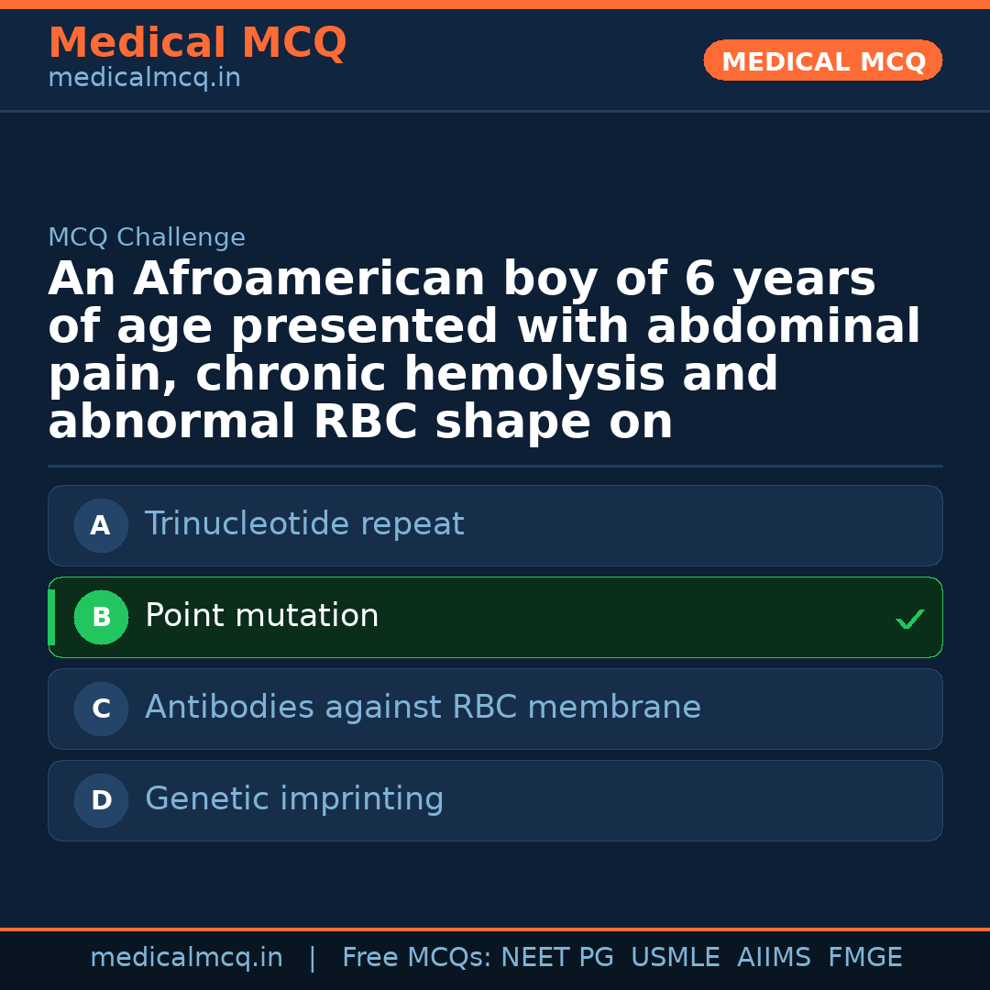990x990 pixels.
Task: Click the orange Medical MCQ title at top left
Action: (x=197, y=43)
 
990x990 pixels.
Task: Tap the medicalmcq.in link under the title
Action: (x=144, y=79)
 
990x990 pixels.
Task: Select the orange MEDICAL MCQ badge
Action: (x=822, y=60)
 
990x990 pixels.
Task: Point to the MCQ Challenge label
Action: (x=147, y=238)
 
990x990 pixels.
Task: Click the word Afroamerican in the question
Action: (x=309, y=280)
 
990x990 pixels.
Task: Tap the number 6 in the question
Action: (x=698, y=280)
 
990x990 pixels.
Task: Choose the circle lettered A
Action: (x=101, y=526)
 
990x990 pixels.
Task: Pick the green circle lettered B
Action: (x=101, y=618)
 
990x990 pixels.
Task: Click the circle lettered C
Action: (x=101, y=709)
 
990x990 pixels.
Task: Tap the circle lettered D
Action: (x=101, y=801)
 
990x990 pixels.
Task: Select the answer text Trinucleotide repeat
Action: (x=304, y=524)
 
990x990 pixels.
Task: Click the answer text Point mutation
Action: (x=261, y=616)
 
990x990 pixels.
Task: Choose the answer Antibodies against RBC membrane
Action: (x=423, y=708)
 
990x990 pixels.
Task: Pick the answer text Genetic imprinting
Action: (x=294, y=799)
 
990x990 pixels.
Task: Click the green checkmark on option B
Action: (x=909, y=620)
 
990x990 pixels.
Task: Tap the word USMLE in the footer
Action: (x=675, y=958)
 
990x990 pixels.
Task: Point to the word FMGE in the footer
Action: (x=864, y=958)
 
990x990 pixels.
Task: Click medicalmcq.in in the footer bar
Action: (x=186, y=958)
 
